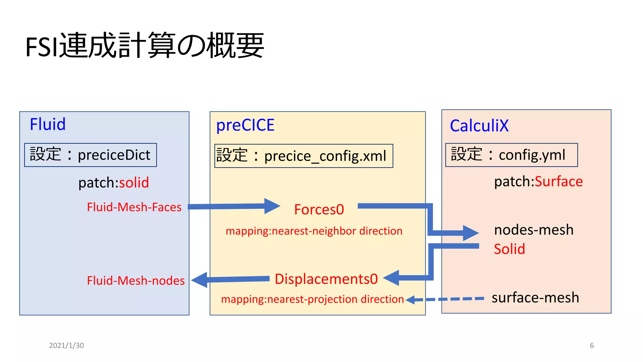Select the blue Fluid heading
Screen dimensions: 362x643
(48, 124)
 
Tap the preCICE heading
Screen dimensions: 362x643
(245, 125)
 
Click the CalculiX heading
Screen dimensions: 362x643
(479, 126)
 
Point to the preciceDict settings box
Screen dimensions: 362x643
(90, 155)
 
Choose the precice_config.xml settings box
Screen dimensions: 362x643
(303, 156)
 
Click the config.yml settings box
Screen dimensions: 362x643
(511, 155)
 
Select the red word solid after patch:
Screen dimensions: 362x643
(134, 183)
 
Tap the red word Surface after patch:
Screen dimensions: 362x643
(559, 182)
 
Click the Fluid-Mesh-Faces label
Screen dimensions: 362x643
(134, 207)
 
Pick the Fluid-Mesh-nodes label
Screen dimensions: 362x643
(136, 281)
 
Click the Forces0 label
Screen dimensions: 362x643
(319, 210)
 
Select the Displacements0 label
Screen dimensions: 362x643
(326, 279)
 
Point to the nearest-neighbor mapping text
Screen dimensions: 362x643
(314, 231)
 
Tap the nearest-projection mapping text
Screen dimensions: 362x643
(312, 299)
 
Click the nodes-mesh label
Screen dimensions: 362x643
(534, 230)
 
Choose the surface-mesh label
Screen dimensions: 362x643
(535, 298)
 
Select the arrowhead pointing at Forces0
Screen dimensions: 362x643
(272, 206)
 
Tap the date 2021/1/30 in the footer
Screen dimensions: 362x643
(67, 345)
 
